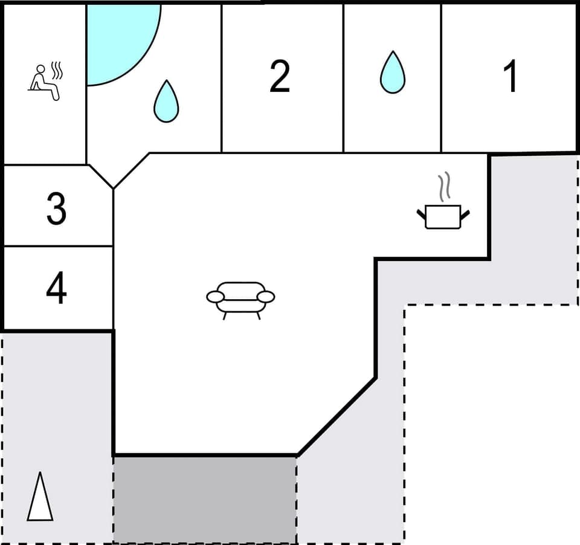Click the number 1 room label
511,77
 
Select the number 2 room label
279,77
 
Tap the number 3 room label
56,208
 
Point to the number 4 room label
56,289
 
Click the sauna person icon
43,82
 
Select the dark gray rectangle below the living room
205,499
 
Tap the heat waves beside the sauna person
57,70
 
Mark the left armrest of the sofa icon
215,297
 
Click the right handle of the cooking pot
465,214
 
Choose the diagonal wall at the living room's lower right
337,416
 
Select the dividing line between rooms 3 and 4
58,246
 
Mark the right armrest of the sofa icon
266,297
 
